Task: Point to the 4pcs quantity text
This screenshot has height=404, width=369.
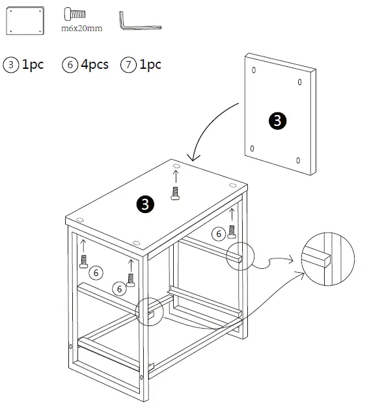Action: pyautogui.click(x=94, y=64)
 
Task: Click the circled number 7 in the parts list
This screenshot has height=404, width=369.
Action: pyautogui.click(x=129, y=65)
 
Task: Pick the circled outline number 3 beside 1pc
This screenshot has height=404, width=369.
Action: pyautogui.click(x=11, y=65)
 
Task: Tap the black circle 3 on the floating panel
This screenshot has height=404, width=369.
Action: pyautogui.click(x=277, y=120)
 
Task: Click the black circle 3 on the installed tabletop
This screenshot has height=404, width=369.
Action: pyautogui.click(x=145, y=205)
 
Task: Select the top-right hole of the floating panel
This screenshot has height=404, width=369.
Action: pyautogui.click(x=299, y=82)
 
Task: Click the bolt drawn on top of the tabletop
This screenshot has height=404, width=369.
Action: pyautogui.click(x=174, y=192)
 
